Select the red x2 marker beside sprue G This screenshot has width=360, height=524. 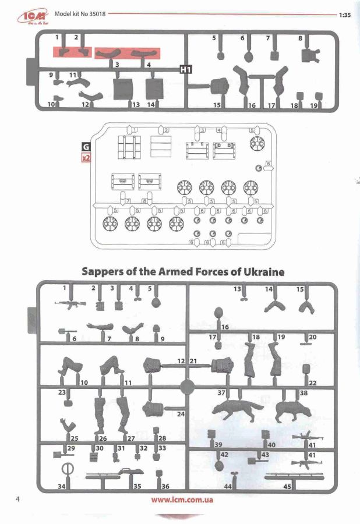click(86, 157)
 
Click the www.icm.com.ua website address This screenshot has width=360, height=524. click(181, 500)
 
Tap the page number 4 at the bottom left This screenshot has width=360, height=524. click(19, 499)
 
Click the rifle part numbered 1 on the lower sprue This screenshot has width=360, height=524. click(70, 303)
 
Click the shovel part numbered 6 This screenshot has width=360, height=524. click(63, 332)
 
